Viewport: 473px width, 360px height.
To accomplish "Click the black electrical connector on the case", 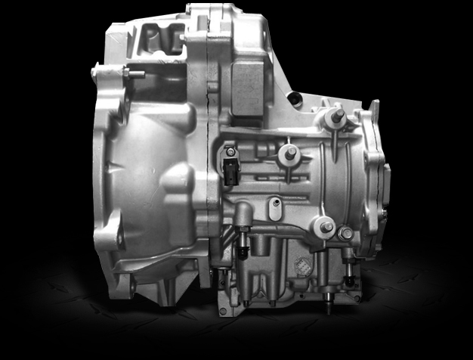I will tap(230, 168).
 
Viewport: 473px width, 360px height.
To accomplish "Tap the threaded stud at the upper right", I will tap(337, 116).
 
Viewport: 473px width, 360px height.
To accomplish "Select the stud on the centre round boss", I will tap(289, 153).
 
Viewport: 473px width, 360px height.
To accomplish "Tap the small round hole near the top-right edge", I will tap(297, 98).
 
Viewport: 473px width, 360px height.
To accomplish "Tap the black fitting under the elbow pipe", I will tap(243, 250).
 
